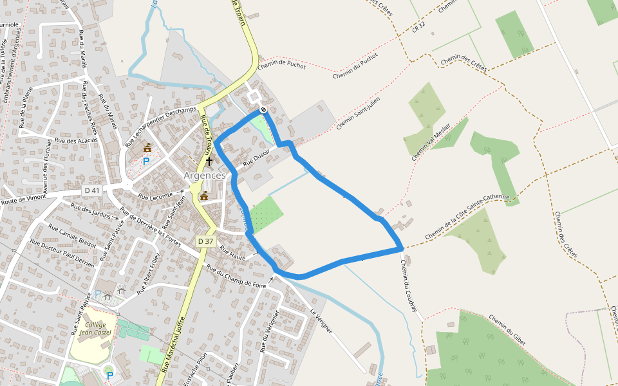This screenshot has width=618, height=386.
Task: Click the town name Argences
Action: point(205,175)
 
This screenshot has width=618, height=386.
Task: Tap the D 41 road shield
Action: point(92,190)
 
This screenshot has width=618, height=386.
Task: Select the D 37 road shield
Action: point(205,241)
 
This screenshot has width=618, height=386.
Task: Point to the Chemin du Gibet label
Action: point(507,330)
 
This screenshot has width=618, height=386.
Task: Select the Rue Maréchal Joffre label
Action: point(174,344)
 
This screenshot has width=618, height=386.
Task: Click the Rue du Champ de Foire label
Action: point(236,275)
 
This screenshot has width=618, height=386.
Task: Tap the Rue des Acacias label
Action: point(76,140)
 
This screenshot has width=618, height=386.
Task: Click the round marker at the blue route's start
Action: point(263,109)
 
